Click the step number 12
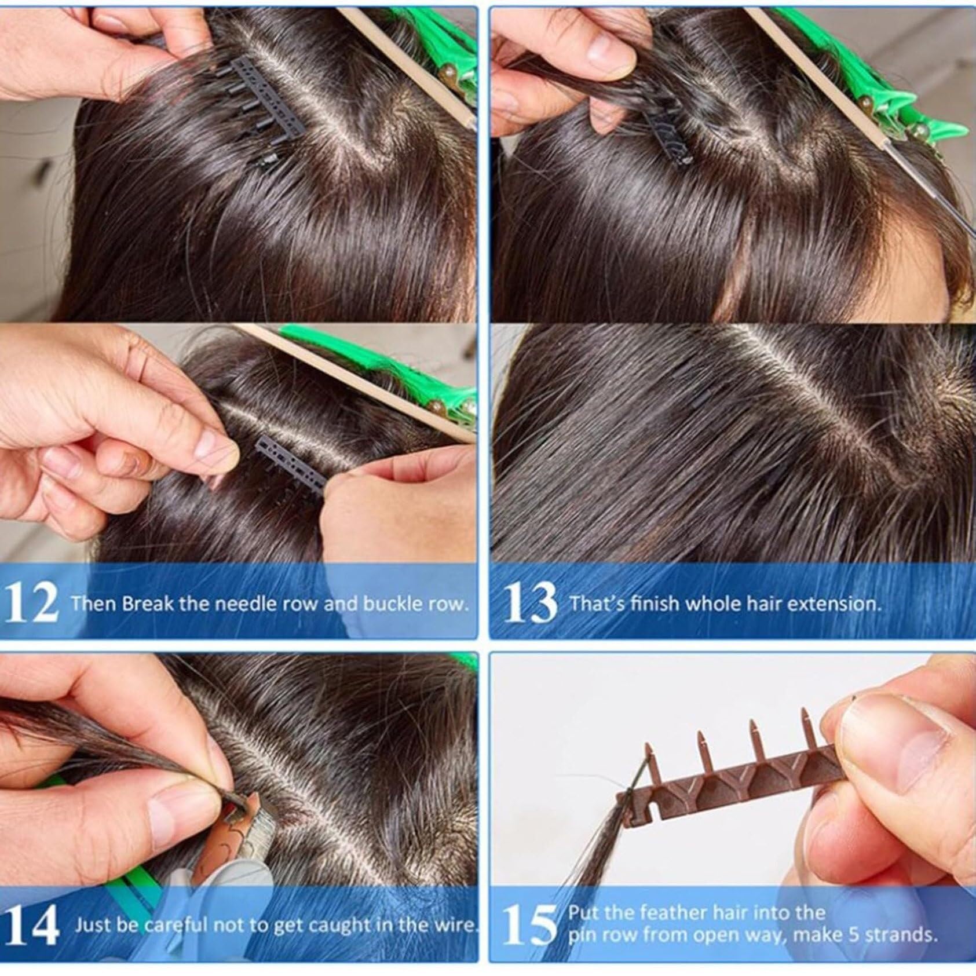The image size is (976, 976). pyautogui.click(x=31, y=603)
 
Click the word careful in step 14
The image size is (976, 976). pyautogui.click(x=177, y=926)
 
